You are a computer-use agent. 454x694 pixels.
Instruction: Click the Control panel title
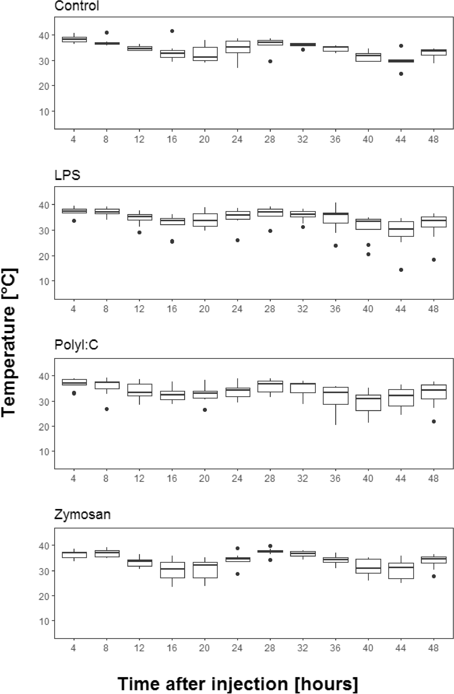click(x=76, y=6)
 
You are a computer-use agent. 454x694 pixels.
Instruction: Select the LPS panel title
click(x=67, y=175)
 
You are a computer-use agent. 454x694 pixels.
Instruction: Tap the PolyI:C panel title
click(x=76, y=345)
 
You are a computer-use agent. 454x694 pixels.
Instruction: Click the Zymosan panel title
click(x=82, y=514)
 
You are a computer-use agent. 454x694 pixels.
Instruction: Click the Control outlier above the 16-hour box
click(x=172, y=31)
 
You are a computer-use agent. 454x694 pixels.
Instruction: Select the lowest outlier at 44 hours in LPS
click(x=401, y=270)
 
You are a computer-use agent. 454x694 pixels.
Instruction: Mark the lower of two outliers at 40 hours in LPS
click(x=368, y=254)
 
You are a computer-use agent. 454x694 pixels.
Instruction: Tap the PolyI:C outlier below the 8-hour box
click(x=106, y=409)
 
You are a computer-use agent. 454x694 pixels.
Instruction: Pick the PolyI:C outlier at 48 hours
click(x=434, y=421)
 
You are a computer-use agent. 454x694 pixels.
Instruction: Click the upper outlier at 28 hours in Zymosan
click(x=270, y=546)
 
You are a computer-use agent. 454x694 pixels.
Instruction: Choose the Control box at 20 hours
click(x=205, y=54)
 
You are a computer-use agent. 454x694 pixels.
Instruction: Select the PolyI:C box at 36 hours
click(x=336, y=396)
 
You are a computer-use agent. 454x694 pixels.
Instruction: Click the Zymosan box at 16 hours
click(x=172, y=570)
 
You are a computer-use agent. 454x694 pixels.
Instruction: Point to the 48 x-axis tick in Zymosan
click(x=433, y=648)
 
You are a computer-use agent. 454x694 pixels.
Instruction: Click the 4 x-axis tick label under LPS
click(x=73, y=309)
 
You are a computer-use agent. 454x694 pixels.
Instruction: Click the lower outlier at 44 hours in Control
click(x=401, y=74)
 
